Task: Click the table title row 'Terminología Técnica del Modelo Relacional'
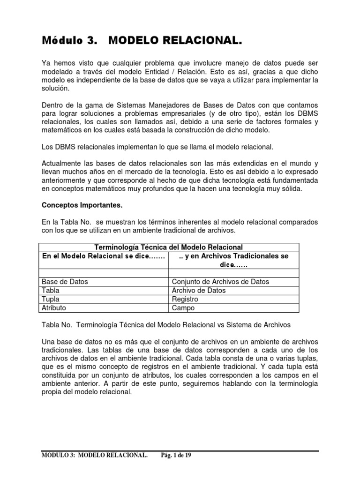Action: tap(169, 247)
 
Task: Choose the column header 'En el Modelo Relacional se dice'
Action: tap(104, 256)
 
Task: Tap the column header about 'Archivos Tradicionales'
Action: tap(233, 260)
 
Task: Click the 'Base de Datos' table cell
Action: tap(65, 282)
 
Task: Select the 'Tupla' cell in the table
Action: tap(51, 299)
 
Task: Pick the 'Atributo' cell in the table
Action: tap(54, 308)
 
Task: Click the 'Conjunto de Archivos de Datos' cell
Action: tap(220, 282)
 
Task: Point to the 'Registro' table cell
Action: tap(185, 299)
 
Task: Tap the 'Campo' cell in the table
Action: tap(183, 308)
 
